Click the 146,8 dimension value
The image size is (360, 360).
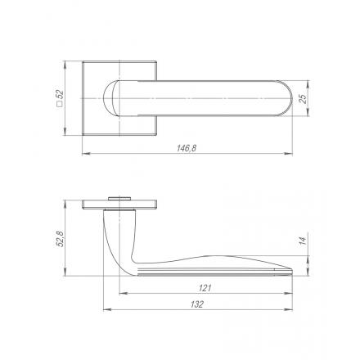187,148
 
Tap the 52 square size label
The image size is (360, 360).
60,95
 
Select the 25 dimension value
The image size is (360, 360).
303,99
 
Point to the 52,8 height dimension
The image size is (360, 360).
60,239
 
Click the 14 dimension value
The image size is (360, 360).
303,241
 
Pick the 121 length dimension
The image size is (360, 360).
205,288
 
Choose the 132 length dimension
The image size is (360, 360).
197,304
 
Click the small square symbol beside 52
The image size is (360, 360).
60,104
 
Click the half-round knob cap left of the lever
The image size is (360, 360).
108,98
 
